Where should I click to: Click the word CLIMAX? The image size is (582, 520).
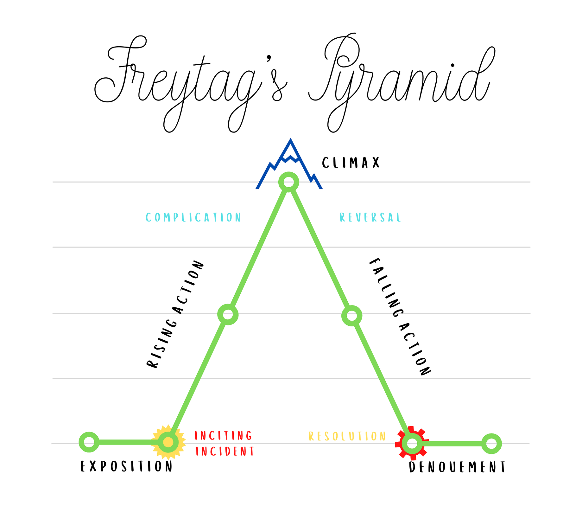point(351,163)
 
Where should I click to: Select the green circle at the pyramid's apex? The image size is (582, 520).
point(288,182)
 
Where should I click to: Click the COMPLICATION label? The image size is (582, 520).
point(193,217)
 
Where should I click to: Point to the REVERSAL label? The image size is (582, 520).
point(370,217)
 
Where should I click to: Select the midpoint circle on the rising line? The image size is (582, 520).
point(228,314)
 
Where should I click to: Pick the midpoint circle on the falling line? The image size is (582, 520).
point(352,316)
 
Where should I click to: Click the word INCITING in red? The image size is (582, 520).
point(223,435)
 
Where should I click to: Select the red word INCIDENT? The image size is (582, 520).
point(225,451)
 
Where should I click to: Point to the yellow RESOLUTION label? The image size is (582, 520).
point(347,436)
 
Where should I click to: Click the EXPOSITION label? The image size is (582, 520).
point(126,466)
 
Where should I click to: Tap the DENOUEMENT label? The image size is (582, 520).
point(457,467)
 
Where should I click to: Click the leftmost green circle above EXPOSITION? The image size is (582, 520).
point(89,442)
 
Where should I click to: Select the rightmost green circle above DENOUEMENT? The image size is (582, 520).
point(491,443)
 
